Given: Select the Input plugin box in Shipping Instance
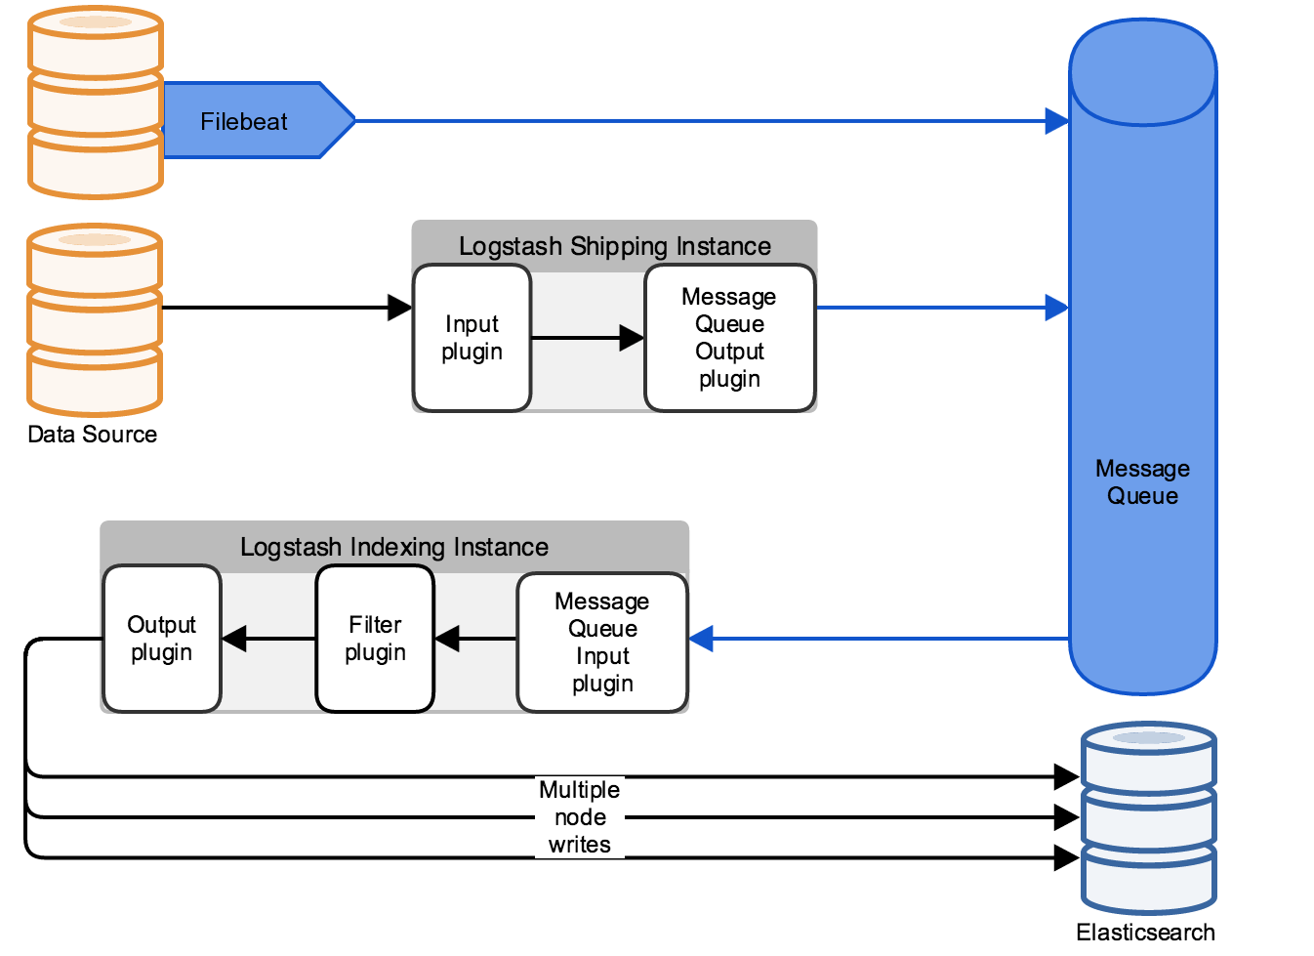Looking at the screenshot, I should point(472,338).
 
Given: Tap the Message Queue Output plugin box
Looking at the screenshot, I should point(729,338).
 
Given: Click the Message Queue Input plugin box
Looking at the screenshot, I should point(602,642).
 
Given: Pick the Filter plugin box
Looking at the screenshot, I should point(375,639).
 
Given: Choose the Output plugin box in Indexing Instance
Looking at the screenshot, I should point(162,639).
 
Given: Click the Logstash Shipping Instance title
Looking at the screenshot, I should point(614,246).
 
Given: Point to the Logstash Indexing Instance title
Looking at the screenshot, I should point(394,547).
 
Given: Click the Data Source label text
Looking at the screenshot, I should point(92,435).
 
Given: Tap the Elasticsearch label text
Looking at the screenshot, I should point(1145,933).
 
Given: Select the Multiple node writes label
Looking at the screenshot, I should point(580,817).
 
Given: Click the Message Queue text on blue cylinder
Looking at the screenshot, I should point(1142,482).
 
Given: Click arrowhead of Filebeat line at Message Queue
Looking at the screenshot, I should point(1057,121).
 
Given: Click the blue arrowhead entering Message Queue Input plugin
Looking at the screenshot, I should point(702,639).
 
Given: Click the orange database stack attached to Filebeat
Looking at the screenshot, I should point(95,103).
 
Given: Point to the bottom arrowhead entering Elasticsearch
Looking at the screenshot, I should point(1066,858).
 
